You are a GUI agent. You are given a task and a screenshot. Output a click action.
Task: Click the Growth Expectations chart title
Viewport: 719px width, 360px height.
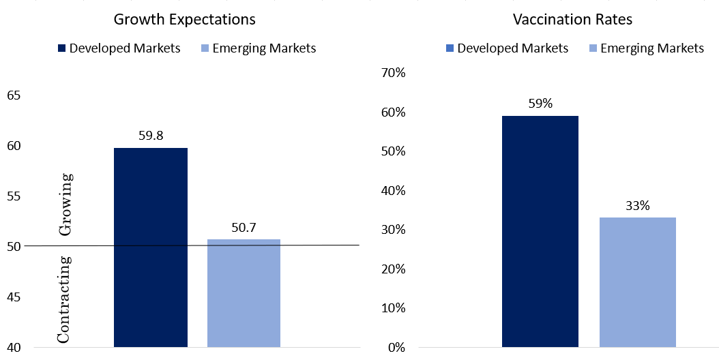point(184,20)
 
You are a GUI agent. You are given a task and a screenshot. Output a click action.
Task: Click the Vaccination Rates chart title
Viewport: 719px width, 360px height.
point(572,19)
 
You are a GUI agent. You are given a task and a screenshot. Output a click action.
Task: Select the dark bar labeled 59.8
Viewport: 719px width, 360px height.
point(150,247)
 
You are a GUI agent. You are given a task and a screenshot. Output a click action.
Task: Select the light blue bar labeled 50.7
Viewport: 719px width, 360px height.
point(244,293)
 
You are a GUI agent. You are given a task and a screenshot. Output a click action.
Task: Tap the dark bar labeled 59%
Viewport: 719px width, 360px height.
point(540,232)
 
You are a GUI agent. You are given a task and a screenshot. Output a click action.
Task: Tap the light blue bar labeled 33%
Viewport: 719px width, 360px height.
point(637,282)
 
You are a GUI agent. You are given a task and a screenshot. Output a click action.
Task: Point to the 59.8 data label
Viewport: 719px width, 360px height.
point(151,136)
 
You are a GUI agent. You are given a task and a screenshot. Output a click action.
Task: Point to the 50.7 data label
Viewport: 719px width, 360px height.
point(244,227)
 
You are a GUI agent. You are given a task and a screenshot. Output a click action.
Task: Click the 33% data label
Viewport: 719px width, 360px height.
point(638,206)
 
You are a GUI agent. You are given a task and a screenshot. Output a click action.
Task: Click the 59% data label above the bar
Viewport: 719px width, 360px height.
point(540,104)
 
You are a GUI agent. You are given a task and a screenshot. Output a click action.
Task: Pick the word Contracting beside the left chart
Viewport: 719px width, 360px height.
point(64,299)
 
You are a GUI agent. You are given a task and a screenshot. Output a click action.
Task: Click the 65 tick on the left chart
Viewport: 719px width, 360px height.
point(14,95)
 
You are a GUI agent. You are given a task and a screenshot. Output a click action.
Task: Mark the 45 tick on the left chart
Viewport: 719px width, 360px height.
point(14,297)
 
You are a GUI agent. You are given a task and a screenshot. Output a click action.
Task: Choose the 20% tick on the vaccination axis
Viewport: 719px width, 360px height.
point(394,269)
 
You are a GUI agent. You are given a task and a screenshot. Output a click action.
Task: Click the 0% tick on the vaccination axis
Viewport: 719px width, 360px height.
point(396,347)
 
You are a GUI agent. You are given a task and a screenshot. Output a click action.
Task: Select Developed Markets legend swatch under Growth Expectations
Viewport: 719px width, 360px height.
point(62,48)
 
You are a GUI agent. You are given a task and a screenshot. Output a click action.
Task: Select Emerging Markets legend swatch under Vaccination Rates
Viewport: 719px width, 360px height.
point(592,48)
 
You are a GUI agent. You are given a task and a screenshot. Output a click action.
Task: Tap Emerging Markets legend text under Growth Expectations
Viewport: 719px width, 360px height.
point(264,48)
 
